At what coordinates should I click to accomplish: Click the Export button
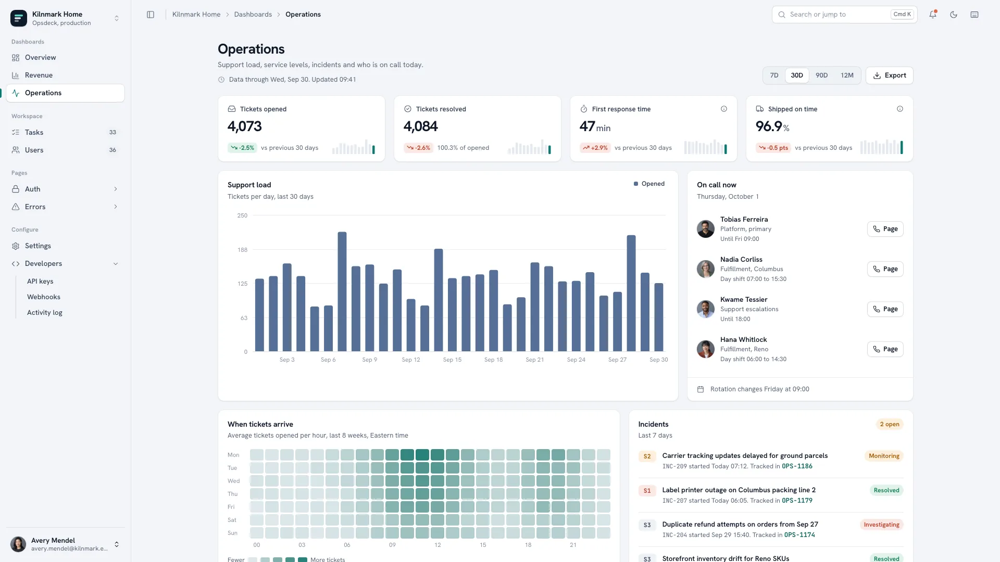889,75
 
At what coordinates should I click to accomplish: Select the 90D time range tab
821,75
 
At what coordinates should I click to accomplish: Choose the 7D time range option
774,75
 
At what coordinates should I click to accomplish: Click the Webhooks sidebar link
44,297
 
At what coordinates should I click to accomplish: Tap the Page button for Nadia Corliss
885,269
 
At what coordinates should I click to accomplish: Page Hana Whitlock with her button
885,349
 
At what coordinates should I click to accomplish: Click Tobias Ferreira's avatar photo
706,229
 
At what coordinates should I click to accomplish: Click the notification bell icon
933,15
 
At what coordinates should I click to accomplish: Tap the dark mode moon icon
954,15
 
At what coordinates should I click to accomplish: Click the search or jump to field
844,15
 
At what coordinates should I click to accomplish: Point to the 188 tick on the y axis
242,250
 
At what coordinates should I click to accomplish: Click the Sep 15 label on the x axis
452,360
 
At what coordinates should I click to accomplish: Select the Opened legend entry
649,184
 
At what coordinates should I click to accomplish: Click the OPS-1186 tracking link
797,466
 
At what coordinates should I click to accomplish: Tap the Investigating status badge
881,525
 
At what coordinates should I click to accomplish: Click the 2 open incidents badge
890,424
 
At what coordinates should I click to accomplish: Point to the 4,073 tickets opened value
245,126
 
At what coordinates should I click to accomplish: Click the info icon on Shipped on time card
900,109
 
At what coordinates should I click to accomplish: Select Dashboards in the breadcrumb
253,15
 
